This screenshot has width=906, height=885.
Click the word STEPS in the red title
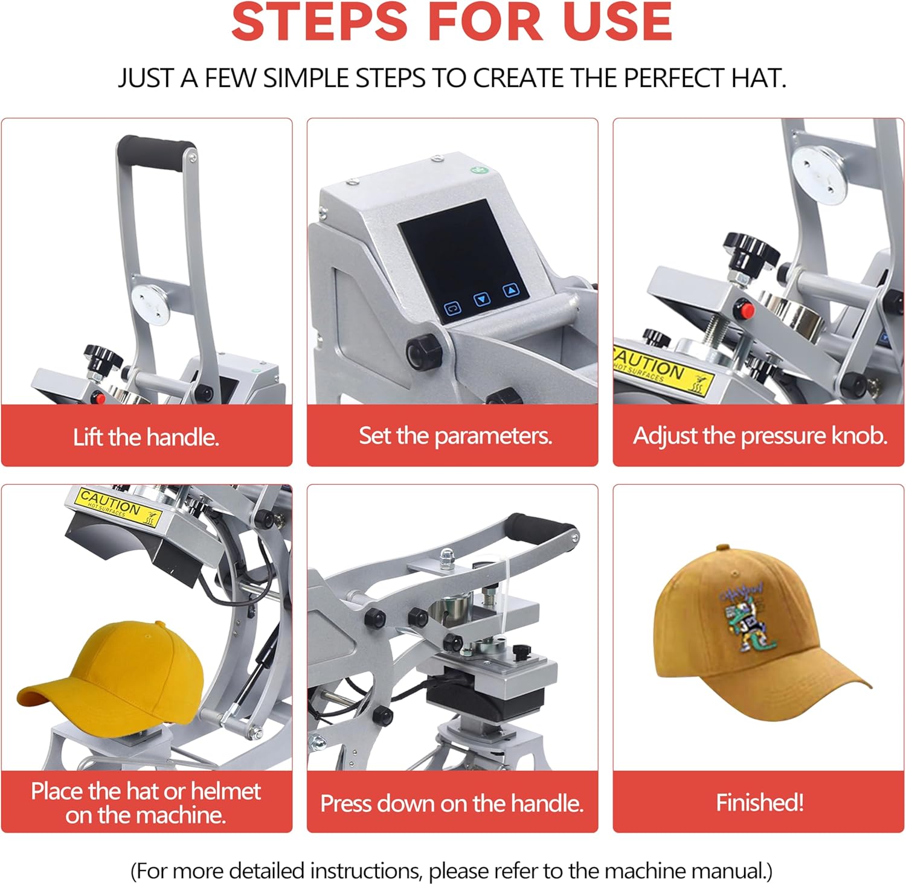tap(320, 22)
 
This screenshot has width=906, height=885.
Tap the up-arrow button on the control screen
tap(512, 290)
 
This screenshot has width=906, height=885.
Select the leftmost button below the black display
tap(453, 308)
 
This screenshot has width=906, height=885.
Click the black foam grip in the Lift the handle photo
tap(155, 149)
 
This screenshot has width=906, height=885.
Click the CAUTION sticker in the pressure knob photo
tap(662, 369)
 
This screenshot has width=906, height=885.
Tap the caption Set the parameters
tap(455, 436)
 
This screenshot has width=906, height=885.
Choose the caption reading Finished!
tap(759, 802)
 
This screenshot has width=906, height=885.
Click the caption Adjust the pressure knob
tap(759, 436)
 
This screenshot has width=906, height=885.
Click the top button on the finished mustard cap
tap(722, 548)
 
